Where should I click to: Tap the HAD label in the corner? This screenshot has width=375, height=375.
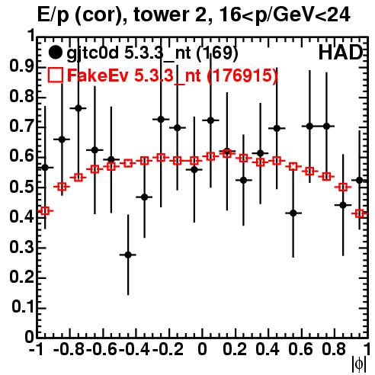[x=341, y=53]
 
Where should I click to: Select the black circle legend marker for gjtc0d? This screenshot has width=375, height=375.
[x=55, y=53]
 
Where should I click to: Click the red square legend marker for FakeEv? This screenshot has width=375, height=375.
[x=55, y=75]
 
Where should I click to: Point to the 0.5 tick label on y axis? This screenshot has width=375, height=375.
[x=21, y=187]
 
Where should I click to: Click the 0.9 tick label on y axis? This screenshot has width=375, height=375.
[x=21, y=66]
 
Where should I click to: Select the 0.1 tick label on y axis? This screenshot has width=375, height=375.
[x=23, y=307]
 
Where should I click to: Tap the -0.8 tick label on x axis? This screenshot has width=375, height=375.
[x=69, y=350]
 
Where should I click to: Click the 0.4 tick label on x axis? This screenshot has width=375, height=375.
[x=268, y=350]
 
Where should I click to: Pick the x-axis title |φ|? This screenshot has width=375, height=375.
[x=359, y=364]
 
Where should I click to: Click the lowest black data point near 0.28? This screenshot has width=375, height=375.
[x=128, y=255]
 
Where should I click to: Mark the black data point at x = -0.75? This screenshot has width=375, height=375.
[x=79, y=108]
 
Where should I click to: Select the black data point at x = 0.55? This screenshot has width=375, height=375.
[x=293, y=213]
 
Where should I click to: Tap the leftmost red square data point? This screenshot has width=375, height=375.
[x=45, y=210]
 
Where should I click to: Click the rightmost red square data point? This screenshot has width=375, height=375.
[x=360, y=213]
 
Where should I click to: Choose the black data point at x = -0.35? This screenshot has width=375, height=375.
[x=145, y=197]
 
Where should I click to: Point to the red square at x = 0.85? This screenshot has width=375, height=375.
[x=343, y=187]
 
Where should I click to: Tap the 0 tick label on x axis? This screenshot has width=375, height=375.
[x=202, y=350]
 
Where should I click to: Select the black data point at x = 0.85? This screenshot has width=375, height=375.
[x=343, y=205]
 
